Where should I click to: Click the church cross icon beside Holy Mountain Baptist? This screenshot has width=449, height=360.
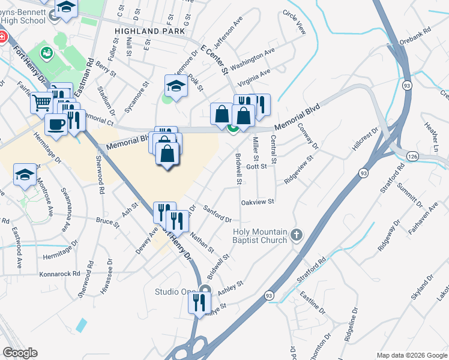click(296, 235)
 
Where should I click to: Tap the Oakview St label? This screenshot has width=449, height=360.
click(257, 202)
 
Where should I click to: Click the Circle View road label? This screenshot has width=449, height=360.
click(294, 22)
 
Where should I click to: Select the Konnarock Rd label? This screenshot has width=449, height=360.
click(59, 274)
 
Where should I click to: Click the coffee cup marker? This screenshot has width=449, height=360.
click(56, 124)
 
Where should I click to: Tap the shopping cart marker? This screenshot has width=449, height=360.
click(41, 103)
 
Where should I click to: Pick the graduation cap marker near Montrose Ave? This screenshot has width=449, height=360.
click(25, 174)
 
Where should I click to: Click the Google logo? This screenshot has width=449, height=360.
click(20, 353)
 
